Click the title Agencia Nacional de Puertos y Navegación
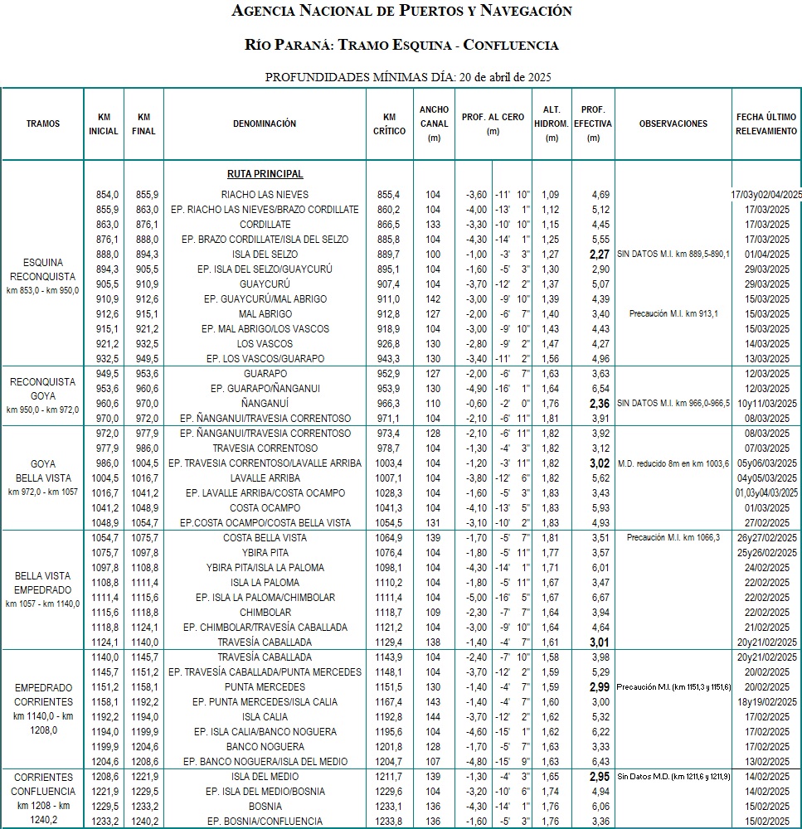401,12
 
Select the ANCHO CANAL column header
434,124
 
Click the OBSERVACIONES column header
673,124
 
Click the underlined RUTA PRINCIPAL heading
265,174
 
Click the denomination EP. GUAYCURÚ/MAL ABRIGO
265,299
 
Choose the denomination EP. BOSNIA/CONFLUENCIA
265,822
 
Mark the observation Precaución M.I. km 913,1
673,314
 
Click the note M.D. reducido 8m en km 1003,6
673,463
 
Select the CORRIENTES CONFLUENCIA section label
43,792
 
